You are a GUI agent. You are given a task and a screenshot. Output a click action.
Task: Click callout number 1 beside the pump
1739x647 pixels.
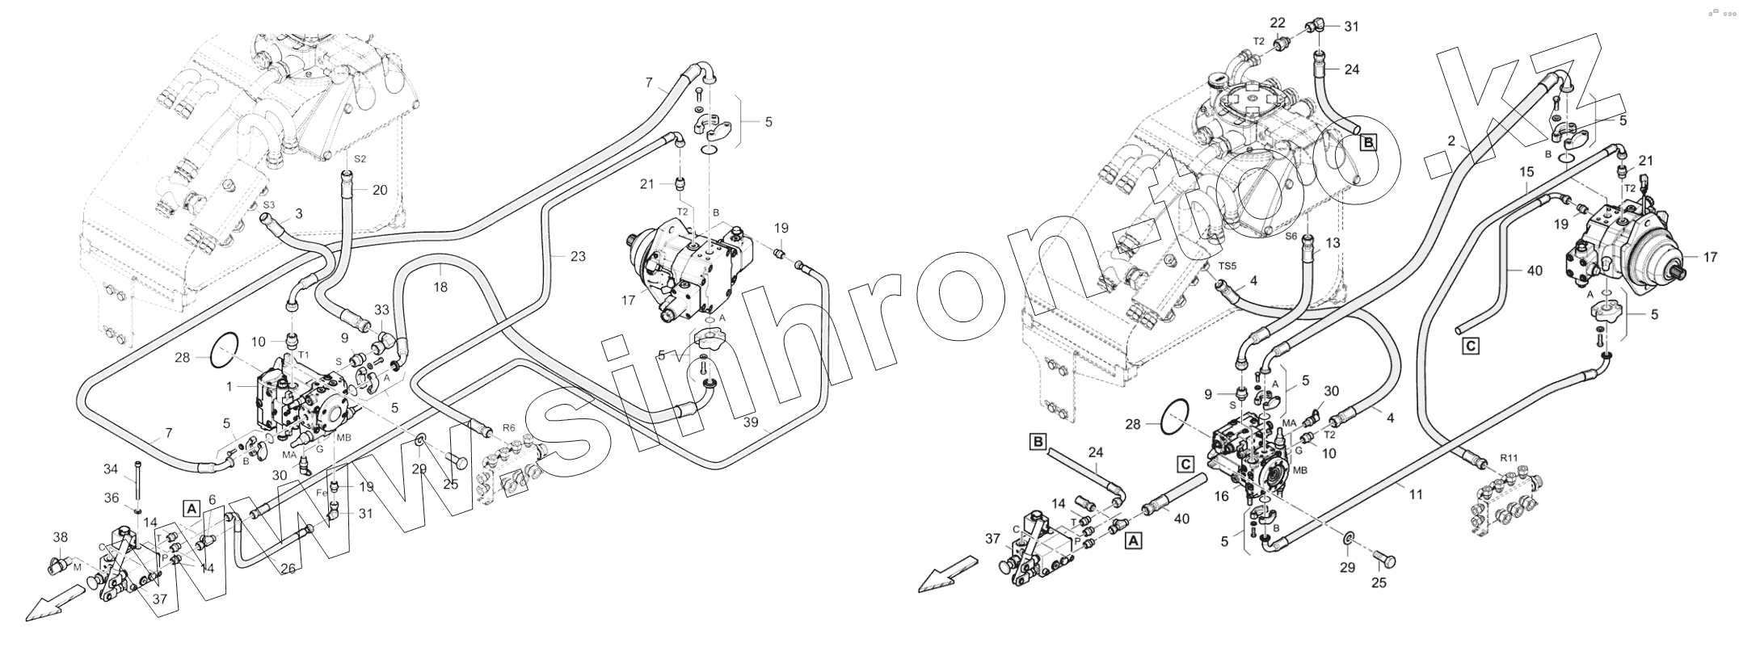[x=229, y=388]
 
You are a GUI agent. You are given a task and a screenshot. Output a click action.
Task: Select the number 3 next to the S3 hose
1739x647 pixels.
[x=299, y=214]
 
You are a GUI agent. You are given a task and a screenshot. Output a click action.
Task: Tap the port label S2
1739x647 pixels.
[x=360, y=159]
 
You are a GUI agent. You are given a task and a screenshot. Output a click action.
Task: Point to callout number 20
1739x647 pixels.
[x=380, y=191]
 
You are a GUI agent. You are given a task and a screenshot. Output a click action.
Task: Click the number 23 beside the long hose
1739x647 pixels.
[x=577, y=256]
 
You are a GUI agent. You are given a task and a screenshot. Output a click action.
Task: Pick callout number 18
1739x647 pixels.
[x=440, y=287]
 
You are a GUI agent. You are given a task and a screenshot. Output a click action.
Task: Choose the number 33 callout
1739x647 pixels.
[x=381, y=309]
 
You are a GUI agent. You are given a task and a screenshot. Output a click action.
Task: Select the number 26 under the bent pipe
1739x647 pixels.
[x=288, y=568]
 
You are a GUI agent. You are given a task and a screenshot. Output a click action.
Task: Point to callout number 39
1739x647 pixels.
[x=752, y=424]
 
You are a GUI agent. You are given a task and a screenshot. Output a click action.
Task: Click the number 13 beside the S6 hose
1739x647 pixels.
[x=1333, y=242]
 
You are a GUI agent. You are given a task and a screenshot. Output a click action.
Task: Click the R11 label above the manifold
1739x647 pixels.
[x=1509, y=458]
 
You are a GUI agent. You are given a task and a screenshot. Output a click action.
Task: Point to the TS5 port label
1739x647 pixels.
[x=1227, y=266]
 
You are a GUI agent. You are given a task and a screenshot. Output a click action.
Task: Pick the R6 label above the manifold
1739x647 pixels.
[x=508, y=426]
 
